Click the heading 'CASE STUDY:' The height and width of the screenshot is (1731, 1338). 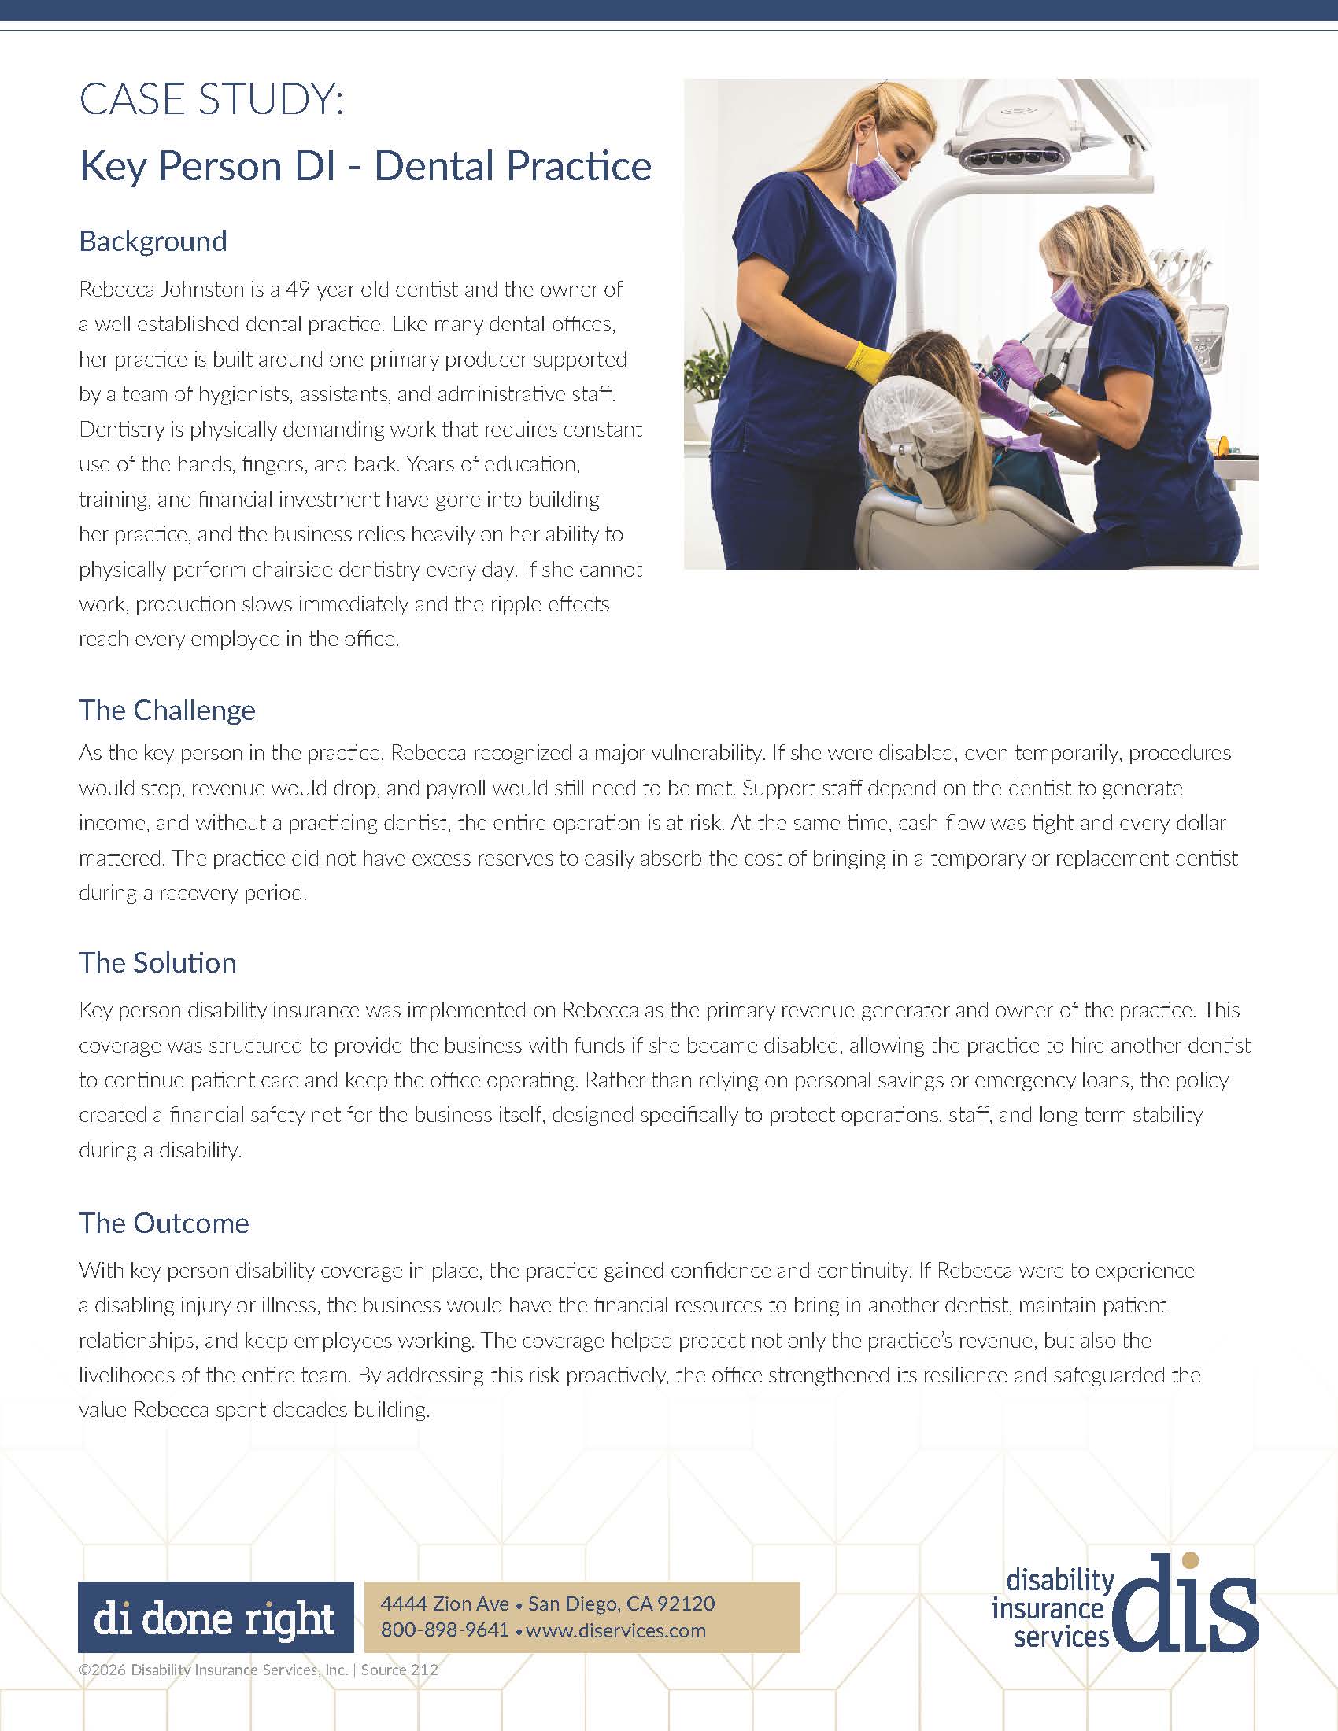pyautogui.click(x=212, y=101)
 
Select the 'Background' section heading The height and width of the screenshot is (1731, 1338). pyautogui.click(x=153, y=241)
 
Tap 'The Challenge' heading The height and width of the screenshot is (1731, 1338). pyautogui.click(x=167, y=710)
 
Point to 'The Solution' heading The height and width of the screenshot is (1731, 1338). pyautogui.click(x=157, y=962)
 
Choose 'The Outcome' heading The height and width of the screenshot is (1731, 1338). pyautogui.click(x=164, y=1223)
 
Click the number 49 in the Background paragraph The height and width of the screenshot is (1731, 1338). pyautogui.click(x=298, y=290)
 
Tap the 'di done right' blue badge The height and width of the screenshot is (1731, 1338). pyautogui.click(x=216, y=1617)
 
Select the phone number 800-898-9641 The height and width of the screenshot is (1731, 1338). pyautogui.click(x=445, y=1630)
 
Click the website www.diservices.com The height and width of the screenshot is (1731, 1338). pyautogui.click(x=615, y=1630)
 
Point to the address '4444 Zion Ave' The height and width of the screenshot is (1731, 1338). pyautogui.click(x=445, y=1604)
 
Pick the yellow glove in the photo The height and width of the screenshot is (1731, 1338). pyautogui.click(x=866, y=358)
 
